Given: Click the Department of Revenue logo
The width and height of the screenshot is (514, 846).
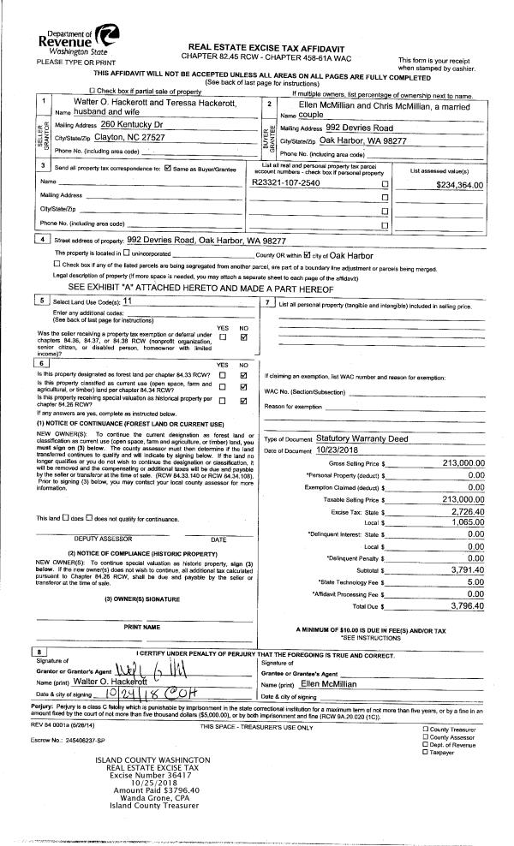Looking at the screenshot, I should pyautogui.click(x=108, y=36).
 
